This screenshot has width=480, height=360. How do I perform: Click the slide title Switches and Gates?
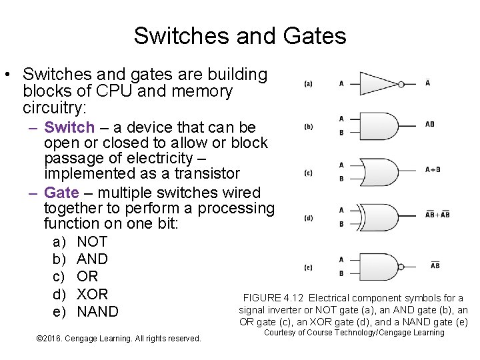239,35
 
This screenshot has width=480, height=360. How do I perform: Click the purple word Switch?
69,127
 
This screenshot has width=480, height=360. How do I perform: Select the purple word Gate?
61,193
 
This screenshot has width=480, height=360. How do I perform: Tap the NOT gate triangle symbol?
377,84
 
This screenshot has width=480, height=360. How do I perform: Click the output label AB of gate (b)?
430,124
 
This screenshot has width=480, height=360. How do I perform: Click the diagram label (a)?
308,84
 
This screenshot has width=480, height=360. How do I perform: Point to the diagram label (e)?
308,267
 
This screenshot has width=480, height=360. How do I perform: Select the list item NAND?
97,311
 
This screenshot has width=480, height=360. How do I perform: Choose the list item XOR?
93,294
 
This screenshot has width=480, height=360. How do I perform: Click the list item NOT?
92,241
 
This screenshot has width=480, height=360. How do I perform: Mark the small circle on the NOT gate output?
401,84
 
